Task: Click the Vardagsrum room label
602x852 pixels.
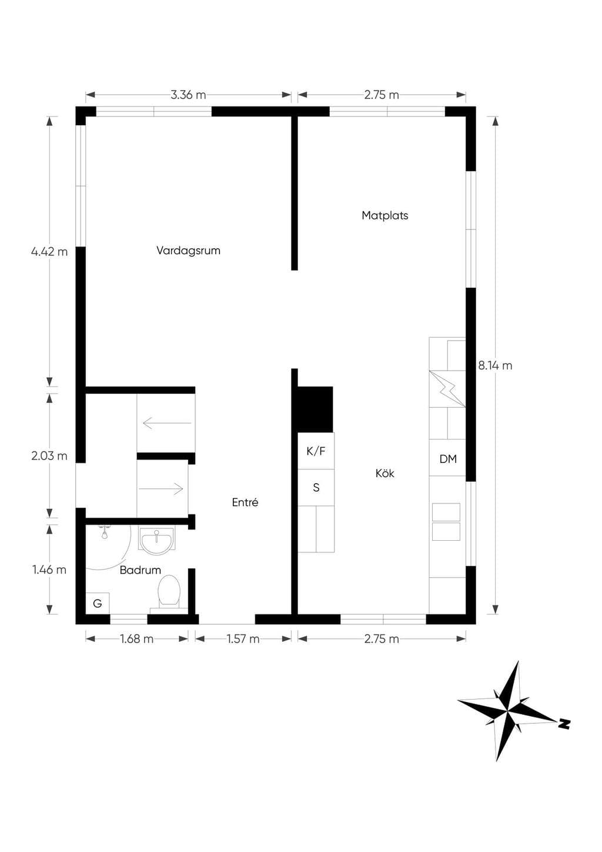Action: point(188,251)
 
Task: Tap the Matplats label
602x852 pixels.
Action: point(384,216)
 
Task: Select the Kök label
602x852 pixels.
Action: point(384,473)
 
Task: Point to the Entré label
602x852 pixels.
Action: point(245,502)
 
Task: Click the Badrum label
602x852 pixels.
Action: point(140,570)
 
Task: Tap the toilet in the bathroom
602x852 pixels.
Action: point(169,593)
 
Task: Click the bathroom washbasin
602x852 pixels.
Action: point(157,540)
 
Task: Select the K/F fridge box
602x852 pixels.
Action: point(316,451)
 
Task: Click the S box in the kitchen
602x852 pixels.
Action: point(316,487)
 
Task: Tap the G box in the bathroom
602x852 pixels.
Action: point(97,603)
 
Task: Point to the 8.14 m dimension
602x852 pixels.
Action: point(495,366)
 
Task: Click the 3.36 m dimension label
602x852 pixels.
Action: point(188,95)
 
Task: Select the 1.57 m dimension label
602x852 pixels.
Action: point(243,638)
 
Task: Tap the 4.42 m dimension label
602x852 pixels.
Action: point(49,251)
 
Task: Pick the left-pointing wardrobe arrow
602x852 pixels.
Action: point(167,423)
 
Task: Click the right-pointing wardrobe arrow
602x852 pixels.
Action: point(160,488)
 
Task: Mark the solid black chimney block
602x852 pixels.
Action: point(315,410)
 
